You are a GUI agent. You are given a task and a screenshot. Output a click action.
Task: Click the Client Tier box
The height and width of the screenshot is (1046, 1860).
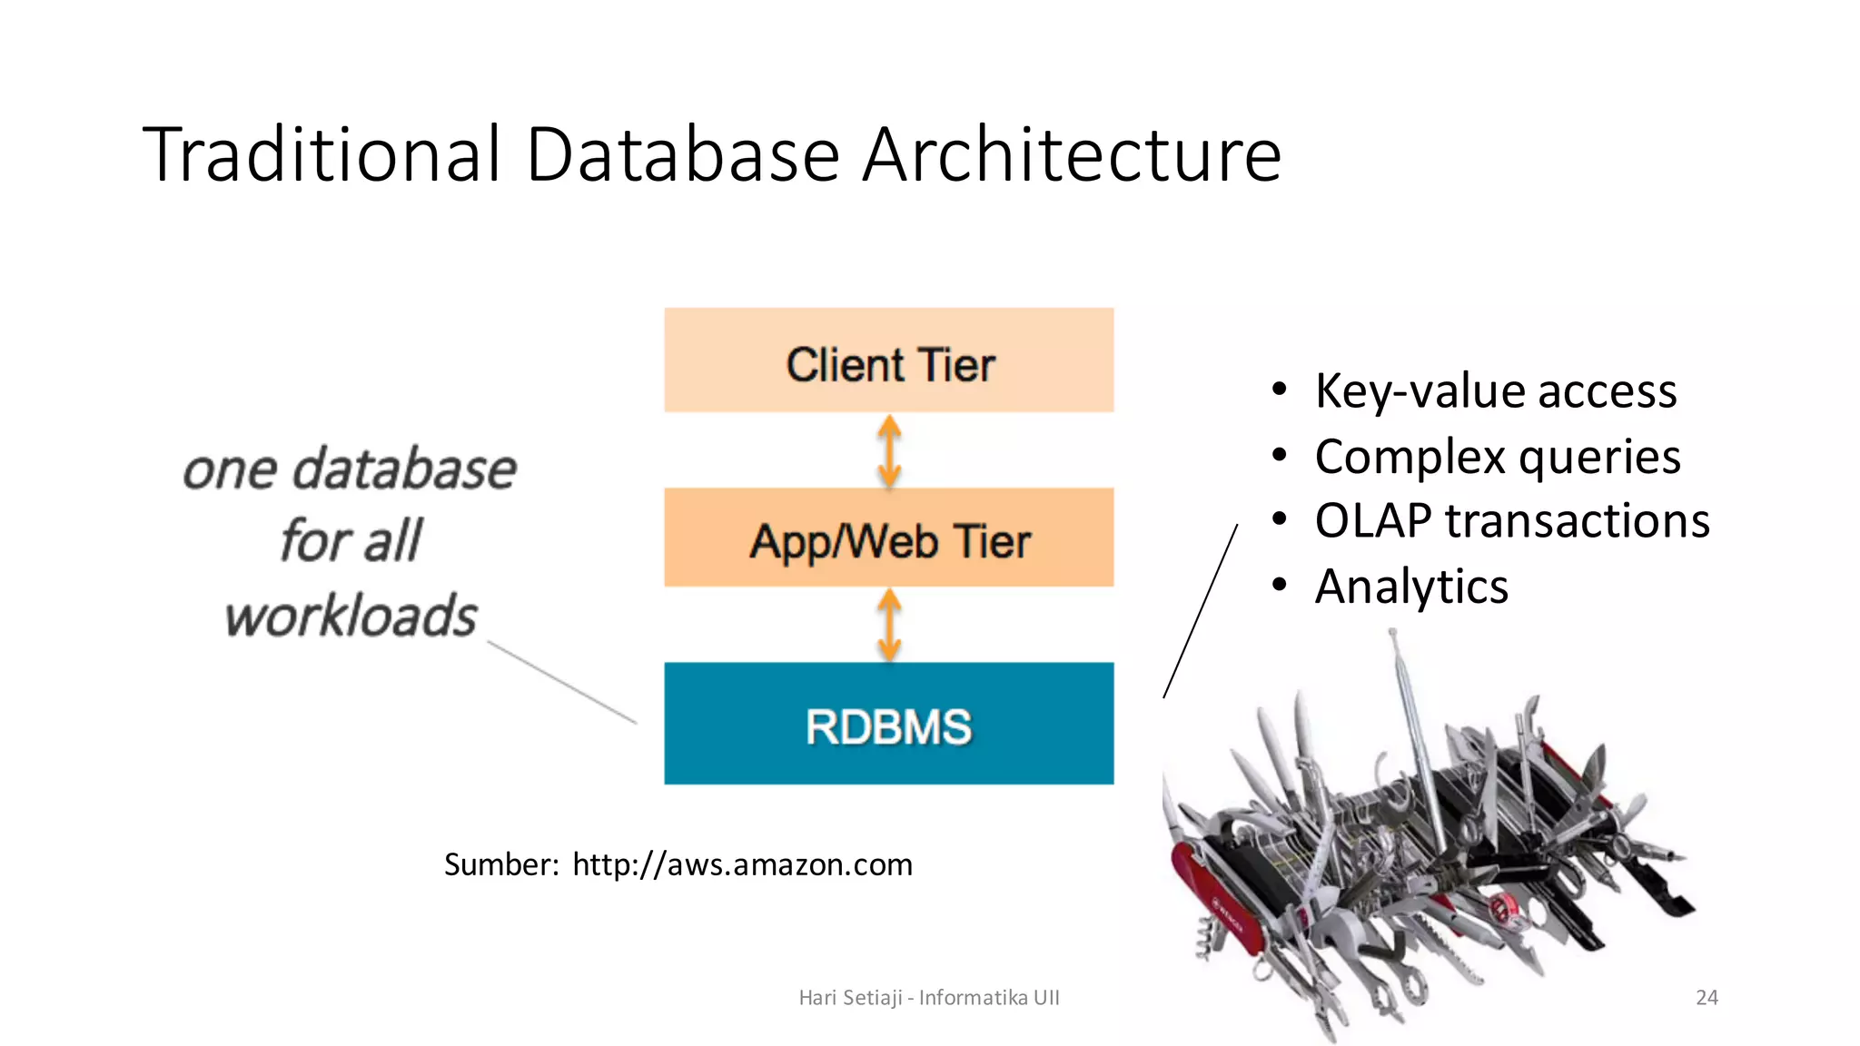(x=888, y=361)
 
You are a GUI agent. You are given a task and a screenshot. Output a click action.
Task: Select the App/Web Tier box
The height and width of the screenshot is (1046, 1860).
(x=888, y=538)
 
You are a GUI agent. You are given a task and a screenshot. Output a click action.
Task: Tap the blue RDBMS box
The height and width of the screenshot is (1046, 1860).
(x=888, y=724)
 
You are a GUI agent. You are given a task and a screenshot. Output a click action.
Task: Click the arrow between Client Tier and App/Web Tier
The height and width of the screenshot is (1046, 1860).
(x=889, y=451)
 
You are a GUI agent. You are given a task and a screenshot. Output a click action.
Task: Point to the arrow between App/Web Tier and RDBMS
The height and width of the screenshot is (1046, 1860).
(x=889, y=625)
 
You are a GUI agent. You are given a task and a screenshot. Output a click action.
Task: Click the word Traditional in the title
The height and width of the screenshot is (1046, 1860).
(x=322, y=154)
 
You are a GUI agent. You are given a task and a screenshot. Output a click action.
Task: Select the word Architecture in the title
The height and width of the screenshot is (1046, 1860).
(x=1072, y=154)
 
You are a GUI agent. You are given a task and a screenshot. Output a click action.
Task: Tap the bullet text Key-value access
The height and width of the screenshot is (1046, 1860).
(x=1495, y=391)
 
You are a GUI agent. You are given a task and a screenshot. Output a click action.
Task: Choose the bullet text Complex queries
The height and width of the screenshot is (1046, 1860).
(x=1497, y=456)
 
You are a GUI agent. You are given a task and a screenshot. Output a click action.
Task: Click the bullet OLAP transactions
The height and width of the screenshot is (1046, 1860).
(x=1511, y=521)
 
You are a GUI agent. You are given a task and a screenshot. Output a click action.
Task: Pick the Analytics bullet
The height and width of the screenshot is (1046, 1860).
(x=1411, y=587)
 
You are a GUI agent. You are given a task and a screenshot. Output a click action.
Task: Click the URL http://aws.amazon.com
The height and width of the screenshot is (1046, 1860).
(x=742, y=864)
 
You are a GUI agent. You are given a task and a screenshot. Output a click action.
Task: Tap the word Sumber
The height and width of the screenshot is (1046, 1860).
(x=500, y=864)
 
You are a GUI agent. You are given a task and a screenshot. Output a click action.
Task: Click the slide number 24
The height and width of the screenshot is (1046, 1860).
(x=1707, y=998)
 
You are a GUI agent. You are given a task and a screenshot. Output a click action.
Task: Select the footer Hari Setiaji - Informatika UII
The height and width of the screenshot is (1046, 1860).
(x=928, y=998)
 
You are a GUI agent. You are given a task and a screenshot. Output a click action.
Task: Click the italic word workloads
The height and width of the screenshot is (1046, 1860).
(x=351, y=617)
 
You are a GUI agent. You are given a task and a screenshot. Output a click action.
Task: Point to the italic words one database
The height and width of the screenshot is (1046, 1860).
(x=350, y=469)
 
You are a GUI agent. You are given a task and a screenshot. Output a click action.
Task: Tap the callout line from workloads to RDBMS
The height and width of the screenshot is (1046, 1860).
(x=562, y=683)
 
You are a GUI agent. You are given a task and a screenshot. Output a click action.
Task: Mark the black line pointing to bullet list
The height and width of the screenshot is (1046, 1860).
(x=1201, y=611)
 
